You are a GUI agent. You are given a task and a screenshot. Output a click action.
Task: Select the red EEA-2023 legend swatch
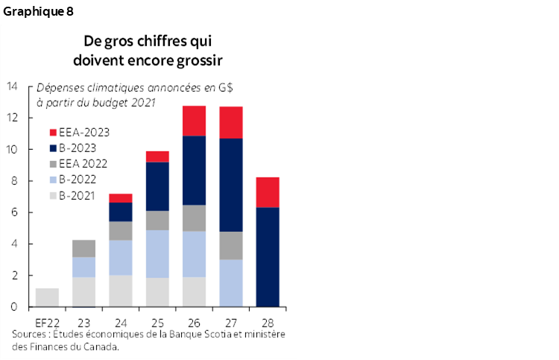pyautogui.click(x=53, y=133)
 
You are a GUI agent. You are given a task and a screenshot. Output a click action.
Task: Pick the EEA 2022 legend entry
pyautogui.click(x=82, y=164)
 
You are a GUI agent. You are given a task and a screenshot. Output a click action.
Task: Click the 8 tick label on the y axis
pyautogui.click(x=13, y=181)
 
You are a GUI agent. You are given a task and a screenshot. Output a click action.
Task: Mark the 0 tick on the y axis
pyautogui.click(x=13, y=307)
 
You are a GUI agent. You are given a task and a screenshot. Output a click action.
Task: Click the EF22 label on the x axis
pyautogui.click(x=46, y=321)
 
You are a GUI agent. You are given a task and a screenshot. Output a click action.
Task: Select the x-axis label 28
pyautogui.click(x=267, y=321)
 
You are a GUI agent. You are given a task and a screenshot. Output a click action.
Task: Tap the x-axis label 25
pyautogui.click(x=157, y=321)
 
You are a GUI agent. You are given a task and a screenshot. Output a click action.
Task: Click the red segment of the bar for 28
pyautogui.click(x=267, y=192)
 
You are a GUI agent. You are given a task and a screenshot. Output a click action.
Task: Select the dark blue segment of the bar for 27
pyautogui.click(x=230, y=185)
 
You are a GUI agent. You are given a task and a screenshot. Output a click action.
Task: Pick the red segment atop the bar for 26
pyautogui.click(x=194, y=121)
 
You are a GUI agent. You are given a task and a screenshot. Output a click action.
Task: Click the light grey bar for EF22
pyautogui.click(x=47, y=297)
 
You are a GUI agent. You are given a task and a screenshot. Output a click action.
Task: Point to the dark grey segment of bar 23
pyautogui.click(x=83, y=248)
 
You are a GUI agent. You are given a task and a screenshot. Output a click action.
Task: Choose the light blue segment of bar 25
pyautogui.click(x=157, y=253)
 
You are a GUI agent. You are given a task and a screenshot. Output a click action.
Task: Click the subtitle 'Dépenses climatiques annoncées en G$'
pyautogui.click(x=134, y=87)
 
